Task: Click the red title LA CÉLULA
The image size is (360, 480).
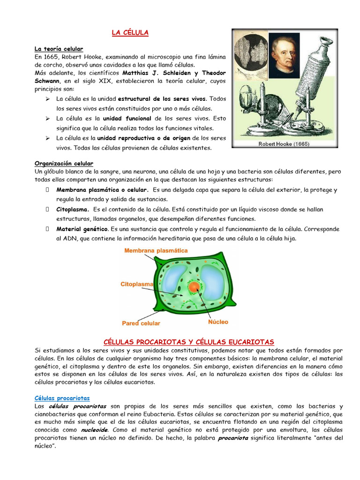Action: (130, 32)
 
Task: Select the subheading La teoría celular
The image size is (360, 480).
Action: (59, 49)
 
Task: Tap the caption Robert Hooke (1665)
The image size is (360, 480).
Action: (284, 144)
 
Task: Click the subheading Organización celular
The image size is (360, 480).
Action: (64, 164)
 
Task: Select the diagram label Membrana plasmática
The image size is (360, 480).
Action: (156, 251)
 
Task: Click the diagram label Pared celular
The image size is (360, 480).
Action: (141, 323)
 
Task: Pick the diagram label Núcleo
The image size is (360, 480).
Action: (218, 322)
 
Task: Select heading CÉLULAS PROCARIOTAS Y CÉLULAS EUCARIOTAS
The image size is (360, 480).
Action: (188, 342)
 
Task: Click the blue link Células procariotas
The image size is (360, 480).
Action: (62, 398)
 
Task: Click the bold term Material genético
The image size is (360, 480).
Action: (82, 229)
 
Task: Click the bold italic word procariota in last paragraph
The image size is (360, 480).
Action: (236, 438)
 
